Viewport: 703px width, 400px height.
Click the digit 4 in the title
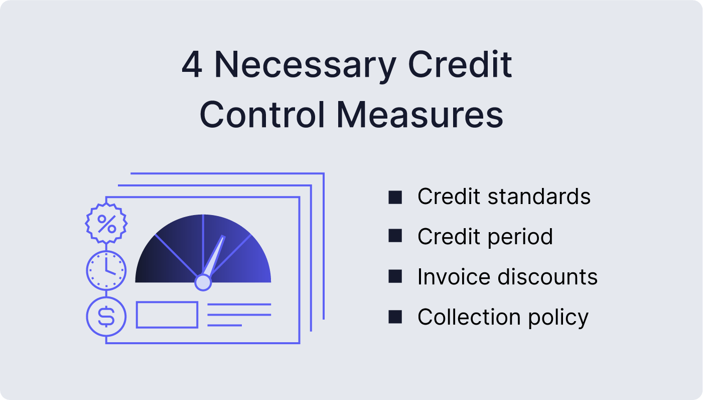(192, 66)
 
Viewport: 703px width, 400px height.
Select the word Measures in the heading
(420, 115)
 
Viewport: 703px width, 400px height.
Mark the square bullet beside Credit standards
(395, 196)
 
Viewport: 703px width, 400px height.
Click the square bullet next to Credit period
(395, 236)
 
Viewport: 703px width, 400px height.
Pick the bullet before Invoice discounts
(395, 276)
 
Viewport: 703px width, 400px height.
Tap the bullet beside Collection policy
(395, 317)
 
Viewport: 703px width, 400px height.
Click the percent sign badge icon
(106, 224)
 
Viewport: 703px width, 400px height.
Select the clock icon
(106, 270)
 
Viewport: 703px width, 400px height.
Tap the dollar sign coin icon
(106, 317)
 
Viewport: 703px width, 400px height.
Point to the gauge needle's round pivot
(203, 282)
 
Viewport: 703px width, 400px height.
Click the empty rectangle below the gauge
(167, 315)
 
